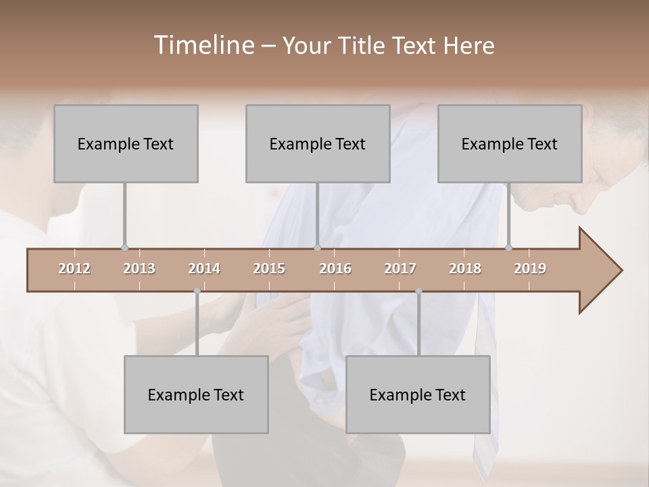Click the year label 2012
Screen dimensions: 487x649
click(x=74, y=269)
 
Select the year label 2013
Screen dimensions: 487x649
click(x=139, y=269)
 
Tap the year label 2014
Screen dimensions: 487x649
click(x=204, y=269)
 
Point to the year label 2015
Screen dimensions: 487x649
click(x=269, y=269)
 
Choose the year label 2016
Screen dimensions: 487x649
click(x=335, y=269)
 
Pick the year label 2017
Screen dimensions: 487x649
click(x=400, y=269)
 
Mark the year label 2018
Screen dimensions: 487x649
click(x=465, y=269)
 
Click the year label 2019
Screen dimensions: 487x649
click(x=530, y=269)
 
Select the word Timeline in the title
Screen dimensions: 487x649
click(x=203, y=45)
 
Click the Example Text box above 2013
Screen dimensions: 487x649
click(x=126, y=143)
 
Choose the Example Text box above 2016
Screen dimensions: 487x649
click(x=318, y=143)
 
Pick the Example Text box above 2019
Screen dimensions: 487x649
click(x=510, y=143)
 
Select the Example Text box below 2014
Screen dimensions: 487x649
click(x=196, y=394)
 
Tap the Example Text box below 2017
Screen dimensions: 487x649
click(x=418, y=394)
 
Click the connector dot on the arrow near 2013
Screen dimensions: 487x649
click(x=124, y=248)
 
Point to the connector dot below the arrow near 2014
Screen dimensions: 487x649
click(x=197, y=291)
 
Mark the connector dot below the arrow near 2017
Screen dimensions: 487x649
click(x=418, y=291)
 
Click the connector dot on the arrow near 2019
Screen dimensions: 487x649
click(x=508, y=248)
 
